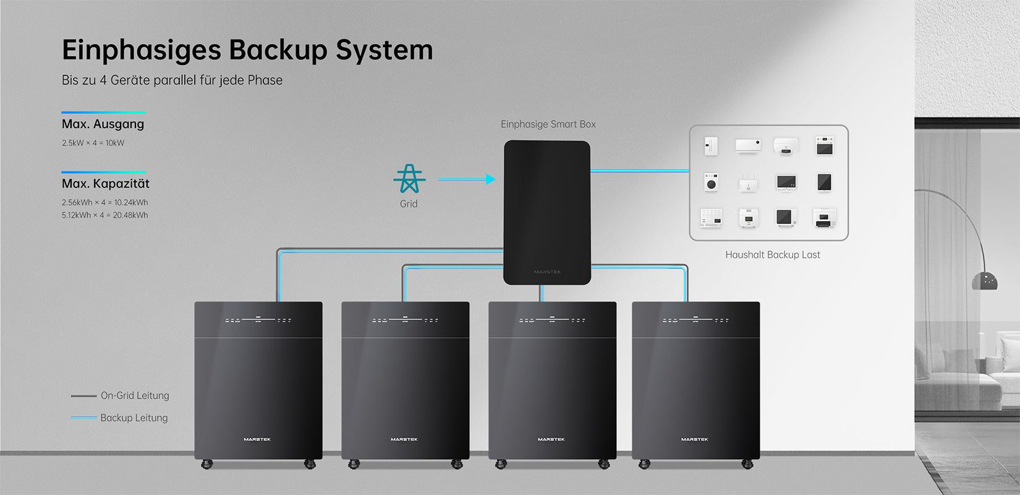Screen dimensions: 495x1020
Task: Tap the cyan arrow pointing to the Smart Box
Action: pos(467,179)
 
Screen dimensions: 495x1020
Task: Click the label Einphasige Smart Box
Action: pos(548,124)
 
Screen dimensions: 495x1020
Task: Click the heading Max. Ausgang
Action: pos(103,124)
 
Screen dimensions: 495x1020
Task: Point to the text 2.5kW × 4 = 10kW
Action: pos(93,143)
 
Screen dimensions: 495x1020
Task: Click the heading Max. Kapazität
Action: pos(105,184)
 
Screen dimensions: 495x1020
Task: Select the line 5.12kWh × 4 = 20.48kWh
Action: pos(104,215)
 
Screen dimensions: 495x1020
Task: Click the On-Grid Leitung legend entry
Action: pos(134,396)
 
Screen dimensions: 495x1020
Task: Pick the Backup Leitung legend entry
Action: pos(134,418)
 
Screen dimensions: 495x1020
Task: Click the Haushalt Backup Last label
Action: pos(772,255)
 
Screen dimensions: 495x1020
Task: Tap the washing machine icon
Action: pos(711,183)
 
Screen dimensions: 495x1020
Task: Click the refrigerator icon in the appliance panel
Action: pos(711,147)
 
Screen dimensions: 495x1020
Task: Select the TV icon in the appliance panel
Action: pos(786,183)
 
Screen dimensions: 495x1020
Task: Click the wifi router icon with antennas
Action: pos(748,183)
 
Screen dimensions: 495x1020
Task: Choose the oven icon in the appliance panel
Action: pos(824,147)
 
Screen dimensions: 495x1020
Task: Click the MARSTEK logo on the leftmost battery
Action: pos(257,439)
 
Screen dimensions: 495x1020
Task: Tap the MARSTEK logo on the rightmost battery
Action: pos(695,439)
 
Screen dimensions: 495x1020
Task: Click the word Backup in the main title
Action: pos(278,50)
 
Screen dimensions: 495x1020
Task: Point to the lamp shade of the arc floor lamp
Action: pos(984,282)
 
